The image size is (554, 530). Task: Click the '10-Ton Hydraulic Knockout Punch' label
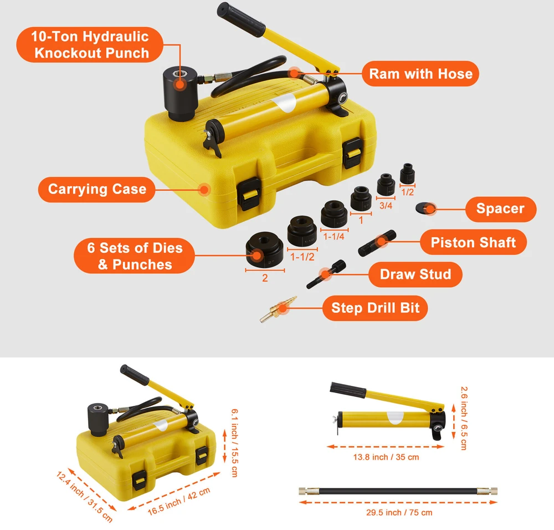pyautogui.click(x=90, y=44)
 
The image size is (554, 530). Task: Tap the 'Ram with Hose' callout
pyautogui.click(x=420, y=74)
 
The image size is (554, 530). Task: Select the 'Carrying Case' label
pyautogui.click(x=97, y=189)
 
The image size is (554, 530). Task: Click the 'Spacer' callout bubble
pyautogui.click(x=501, y=209)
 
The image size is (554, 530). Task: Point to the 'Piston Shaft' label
pyautogui.click(x=473, y=242)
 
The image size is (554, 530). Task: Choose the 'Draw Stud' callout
pyautogui.click(x=415, y=274)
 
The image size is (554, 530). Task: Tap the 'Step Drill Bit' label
pyautogui.click(x=375, y=308)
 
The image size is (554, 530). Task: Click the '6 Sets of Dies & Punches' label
pyautogui.click(x=134, y=256)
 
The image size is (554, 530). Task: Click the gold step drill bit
pyautogui.click(x=278, y=309)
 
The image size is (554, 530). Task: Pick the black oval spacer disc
pyautogui.click(x=425, y=207)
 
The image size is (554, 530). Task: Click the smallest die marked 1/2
pyautogui.click(x=407, y=174)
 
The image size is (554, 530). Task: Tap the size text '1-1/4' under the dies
pyautogui.click(x=334, y=237)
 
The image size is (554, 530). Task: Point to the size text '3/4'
pyautogui.click(x=386, y=206)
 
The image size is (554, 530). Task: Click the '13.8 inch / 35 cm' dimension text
pyautogui.click(x=386, y=457)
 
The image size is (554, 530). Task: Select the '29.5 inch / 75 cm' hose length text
pyautogui.click(x=399, y=512)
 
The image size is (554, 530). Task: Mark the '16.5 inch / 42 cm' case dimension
pyautogui.click(x=179, y=501)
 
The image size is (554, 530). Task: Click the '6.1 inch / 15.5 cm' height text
pyautogui.click(x=234, y=442)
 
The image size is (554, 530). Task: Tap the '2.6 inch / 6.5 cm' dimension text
pyautogui.click(x=464, y=418)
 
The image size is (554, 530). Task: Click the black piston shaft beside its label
pyautogui.click(x=377, y=243)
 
